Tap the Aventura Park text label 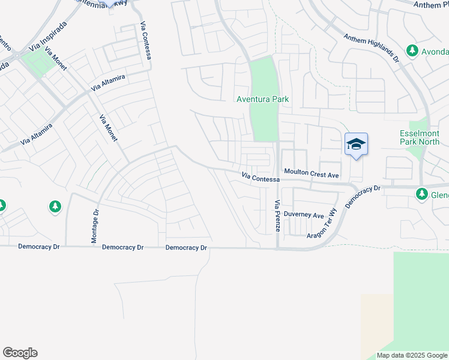pyautogui.click(x=262, y=99)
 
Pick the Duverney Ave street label pyautogui.click(x=304, y=215)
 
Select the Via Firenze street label pyautogui.click(x=277, y=217)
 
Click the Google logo pyautogui.click(x=20, y=353)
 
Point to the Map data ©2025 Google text pyautogui.click(x=411, y=355)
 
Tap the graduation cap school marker pyautogui.click(x=356, y=145)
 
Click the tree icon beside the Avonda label pyautogui.click(x=412, y=51)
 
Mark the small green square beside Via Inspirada pyautogui.click(x=39, y=62)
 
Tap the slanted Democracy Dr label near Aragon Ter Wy pyautogui.click(x=364, y=197)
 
